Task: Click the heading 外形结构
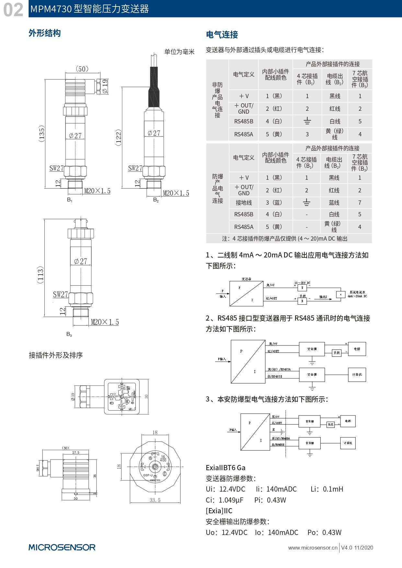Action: (45, 33)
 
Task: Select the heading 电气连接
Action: (222, 35)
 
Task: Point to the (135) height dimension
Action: (42, 133)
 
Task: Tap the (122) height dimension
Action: (119, 137)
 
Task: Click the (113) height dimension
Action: (40, 275)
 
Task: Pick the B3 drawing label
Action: (69, 334)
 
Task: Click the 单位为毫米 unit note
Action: (179, 52)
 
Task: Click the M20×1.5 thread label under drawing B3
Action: (105, 322)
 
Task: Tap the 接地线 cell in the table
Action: (244, 203)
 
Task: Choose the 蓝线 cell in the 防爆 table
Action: (334, 203)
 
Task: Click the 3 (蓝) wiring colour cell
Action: (274, 203)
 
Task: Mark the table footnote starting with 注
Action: (284, 239)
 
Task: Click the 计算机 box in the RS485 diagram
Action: (357, 375)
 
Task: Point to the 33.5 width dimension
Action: (155, 500)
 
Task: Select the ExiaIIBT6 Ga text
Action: (225, 468)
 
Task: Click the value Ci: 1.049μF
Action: (224, 500)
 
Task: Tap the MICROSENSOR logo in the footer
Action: (62, 547)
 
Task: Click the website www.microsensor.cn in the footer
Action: (313, 548)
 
